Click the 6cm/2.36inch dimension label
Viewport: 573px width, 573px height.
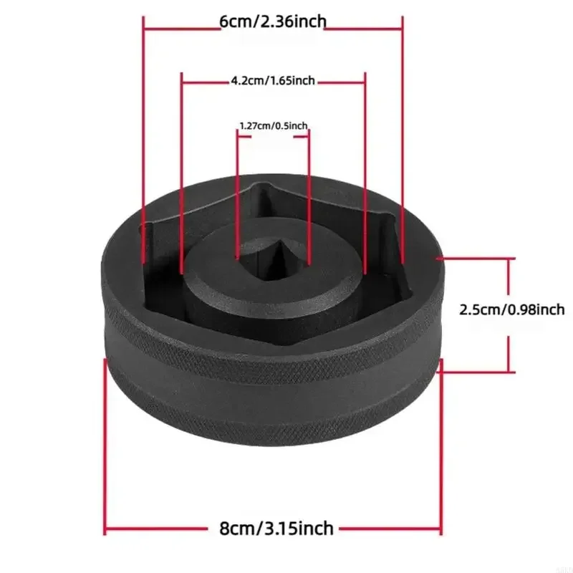tap(273, 22)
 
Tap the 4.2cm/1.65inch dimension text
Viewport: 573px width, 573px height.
tap(273, 80)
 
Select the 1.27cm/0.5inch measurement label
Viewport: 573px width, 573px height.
tap(274, 126)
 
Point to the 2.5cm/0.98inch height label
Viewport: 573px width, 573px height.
tap(511, 310)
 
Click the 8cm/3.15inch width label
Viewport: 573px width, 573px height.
tap(276, 529)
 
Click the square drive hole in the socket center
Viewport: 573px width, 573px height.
tap(274, 258)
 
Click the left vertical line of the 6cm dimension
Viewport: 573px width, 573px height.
tap(144, 140)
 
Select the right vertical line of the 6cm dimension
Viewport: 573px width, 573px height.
tap(403, 140)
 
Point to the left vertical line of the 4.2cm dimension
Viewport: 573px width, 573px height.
tap(182, 173)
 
